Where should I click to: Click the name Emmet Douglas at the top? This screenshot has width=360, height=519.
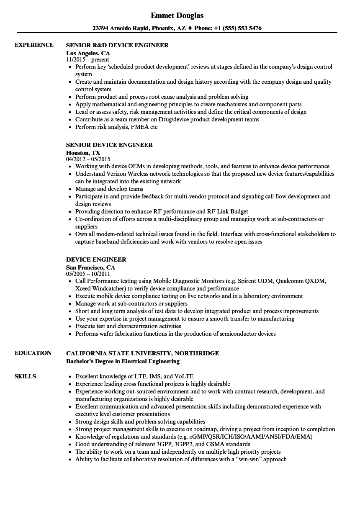click(x=177, y=15)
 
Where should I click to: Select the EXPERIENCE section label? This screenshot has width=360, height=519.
click(x=34, y=45)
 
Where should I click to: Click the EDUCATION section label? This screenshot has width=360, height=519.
click(x=33, y=353)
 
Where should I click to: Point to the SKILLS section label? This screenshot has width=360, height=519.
click(x=25, y=376)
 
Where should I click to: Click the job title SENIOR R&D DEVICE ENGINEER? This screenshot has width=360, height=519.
click(x=117, y=45)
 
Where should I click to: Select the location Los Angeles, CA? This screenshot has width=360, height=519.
click(x=88, y=53)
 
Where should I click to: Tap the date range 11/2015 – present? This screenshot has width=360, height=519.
click(x=87, y=60)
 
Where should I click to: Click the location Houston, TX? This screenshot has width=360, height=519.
click(x=83, y=153)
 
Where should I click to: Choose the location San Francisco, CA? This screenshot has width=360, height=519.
click(x=90, y=267)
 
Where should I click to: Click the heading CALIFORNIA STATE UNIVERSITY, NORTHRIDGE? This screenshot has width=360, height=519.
click(x=142, y=353)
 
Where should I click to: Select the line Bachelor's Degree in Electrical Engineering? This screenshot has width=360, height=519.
click(x=123, y=361)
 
